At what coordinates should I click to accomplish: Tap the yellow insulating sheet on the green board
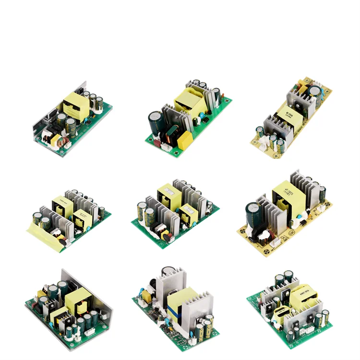(x=45, y=237)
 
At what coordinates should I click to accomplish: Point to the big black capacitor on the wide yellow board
(x=253, y=214)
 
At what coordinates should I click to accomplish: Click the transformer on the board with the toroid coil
(x=75, y=105)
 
